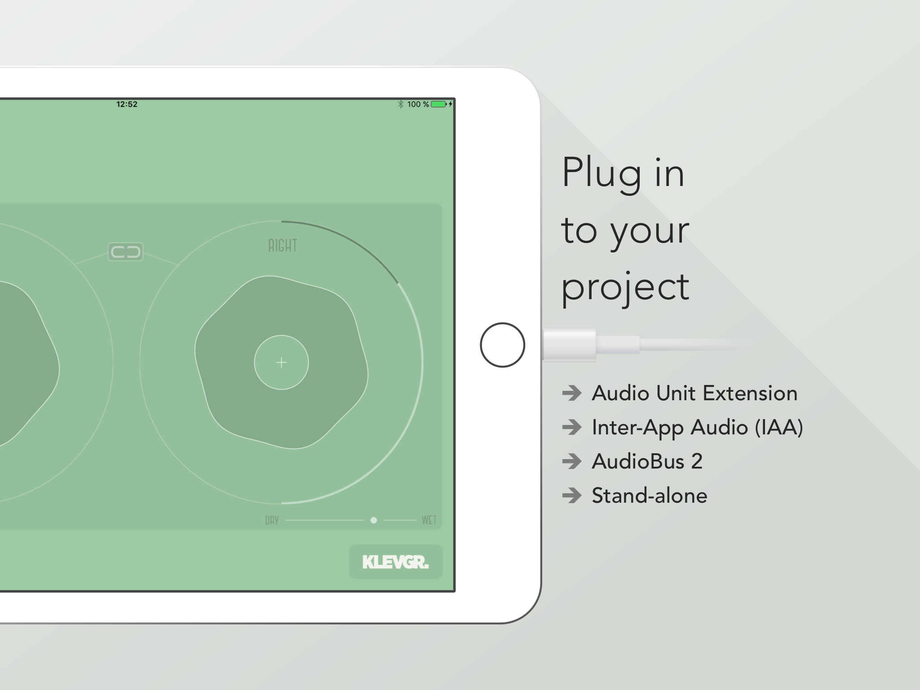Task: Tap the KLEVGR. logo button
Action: [396, 562]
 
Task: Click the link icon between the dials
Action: [125, 252]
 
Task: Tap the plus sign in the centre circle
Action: [281, 363]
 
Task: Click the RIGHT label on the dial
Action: [283, 245]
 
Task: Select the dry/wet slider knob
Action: [373, 520]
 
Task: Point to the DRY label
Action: [272, 520]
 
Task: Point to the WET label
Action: [429, 520]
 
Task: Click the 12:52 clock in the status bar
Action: [127, 104]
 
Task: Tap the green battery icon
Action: [439, 104]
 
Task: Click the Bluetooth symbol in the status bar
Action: [401, 104]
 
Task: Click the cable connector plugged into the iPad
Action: [570, 345]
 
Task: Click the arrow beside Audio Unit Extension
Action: [572, 393]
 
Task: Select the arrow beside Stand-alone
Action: [572, 495]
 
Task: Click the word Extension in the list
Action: [750, 393]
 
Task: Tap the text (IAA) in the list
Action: [779, 427]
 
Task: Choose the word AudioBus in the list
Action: [638, 461]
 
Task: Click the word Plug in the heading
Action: [602, 174]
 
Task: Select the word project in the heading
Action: [625, 287]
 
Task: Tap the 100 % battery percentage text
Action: [418, 104]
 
